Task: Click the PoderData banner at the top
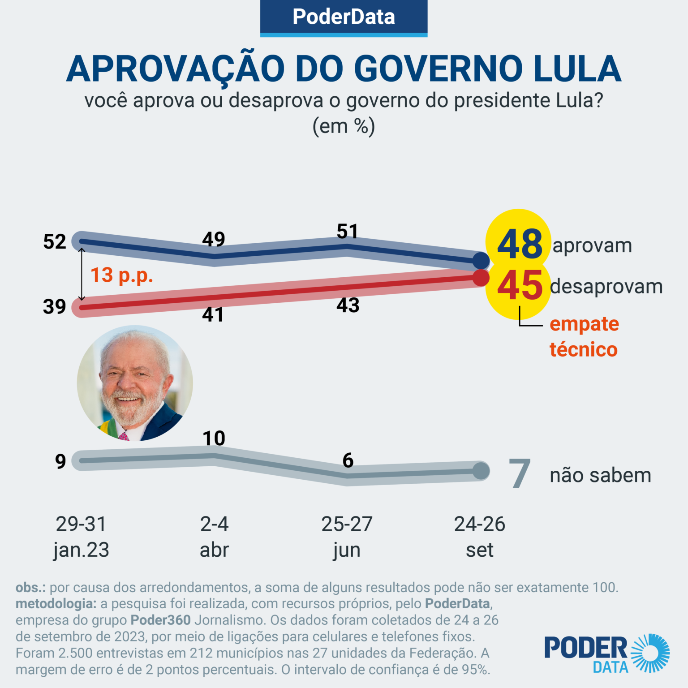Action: pyautogui.click(x=344, y=18)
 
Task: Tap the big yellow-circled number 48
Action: pyautogui.click(x=520, y=244)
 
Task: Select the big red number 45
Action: pyautogui.click(x=520, y=286)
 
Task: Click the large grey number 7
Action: pyautogui.click(x=520, y=473)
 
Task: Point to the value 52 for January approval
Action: pyautogui.click(x=55, y=242)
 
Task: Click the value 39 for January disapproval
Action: pyautogui.click(x=55, y=307)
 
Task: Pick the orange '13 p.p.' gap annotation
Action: pyautogui.click(x=122, y=275)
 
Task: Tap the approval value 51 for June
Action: pyautogui.click(x=348, y=232)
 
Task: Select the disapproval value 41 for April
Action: pyautogui.click(x=213, y=315)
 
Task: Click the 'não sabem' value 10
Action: pyautogui.click(x=214, y=439)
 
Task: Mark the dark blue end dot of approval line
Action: pyautogui.click(x=481, y=260)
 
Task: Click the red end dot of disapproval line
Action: pyautogui.click(x=481, y=278)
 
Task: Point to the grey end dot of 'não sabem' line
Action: pyautogui.click(x=481, y=471)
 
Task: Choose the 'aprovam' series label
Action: pyautogui.click(x=592, y=246)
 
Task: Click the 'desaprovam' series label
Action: pyautogui.click(x=606, y=287)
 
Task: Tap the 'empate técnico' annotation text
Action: pyautogui.click(x=584, y=336)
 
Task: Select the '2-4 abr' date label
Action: pyautogui.click(x=214, y=537)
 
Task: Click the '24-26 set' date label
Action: pyautogui.click(x=480, y=537)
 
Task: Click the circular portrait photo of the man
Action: pyautogui.click(x=135, y=383)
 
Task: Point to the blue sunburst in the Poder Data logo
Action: pyautogui.click(x=650, y=653)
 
